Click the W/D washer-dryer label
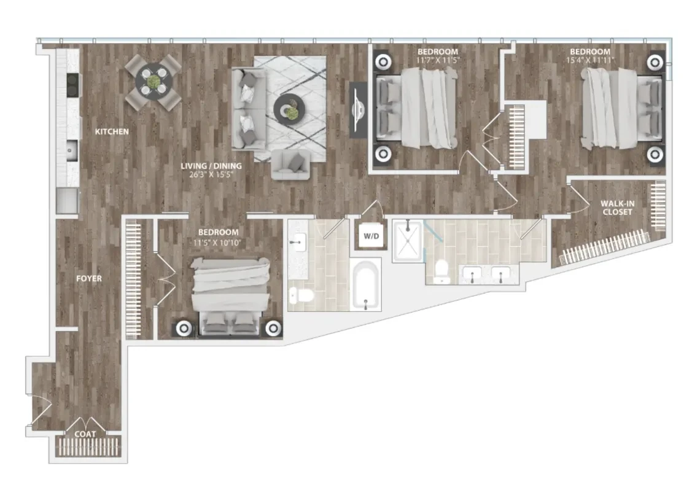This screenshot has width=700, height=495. point(371,235)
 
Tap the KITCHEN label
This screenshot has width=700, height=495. point(111,131)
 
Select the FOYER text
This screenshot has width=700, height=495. point(88,278)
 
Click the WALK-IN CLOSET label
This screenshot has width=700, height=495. point(616,208)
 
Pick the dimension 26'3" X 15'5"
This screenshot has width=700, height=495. point(211,174)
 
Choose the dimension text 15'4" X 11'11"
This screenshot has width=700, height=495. point(589,60)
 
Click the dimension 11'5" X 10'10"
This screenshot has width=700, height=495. point(218,241)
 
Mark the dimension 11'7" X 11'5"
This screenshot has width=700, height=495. point(437,60)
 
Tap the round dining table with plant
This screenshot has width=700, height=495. point(154,82)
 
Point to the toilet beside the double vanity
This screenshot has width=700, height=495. point(441,271)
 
